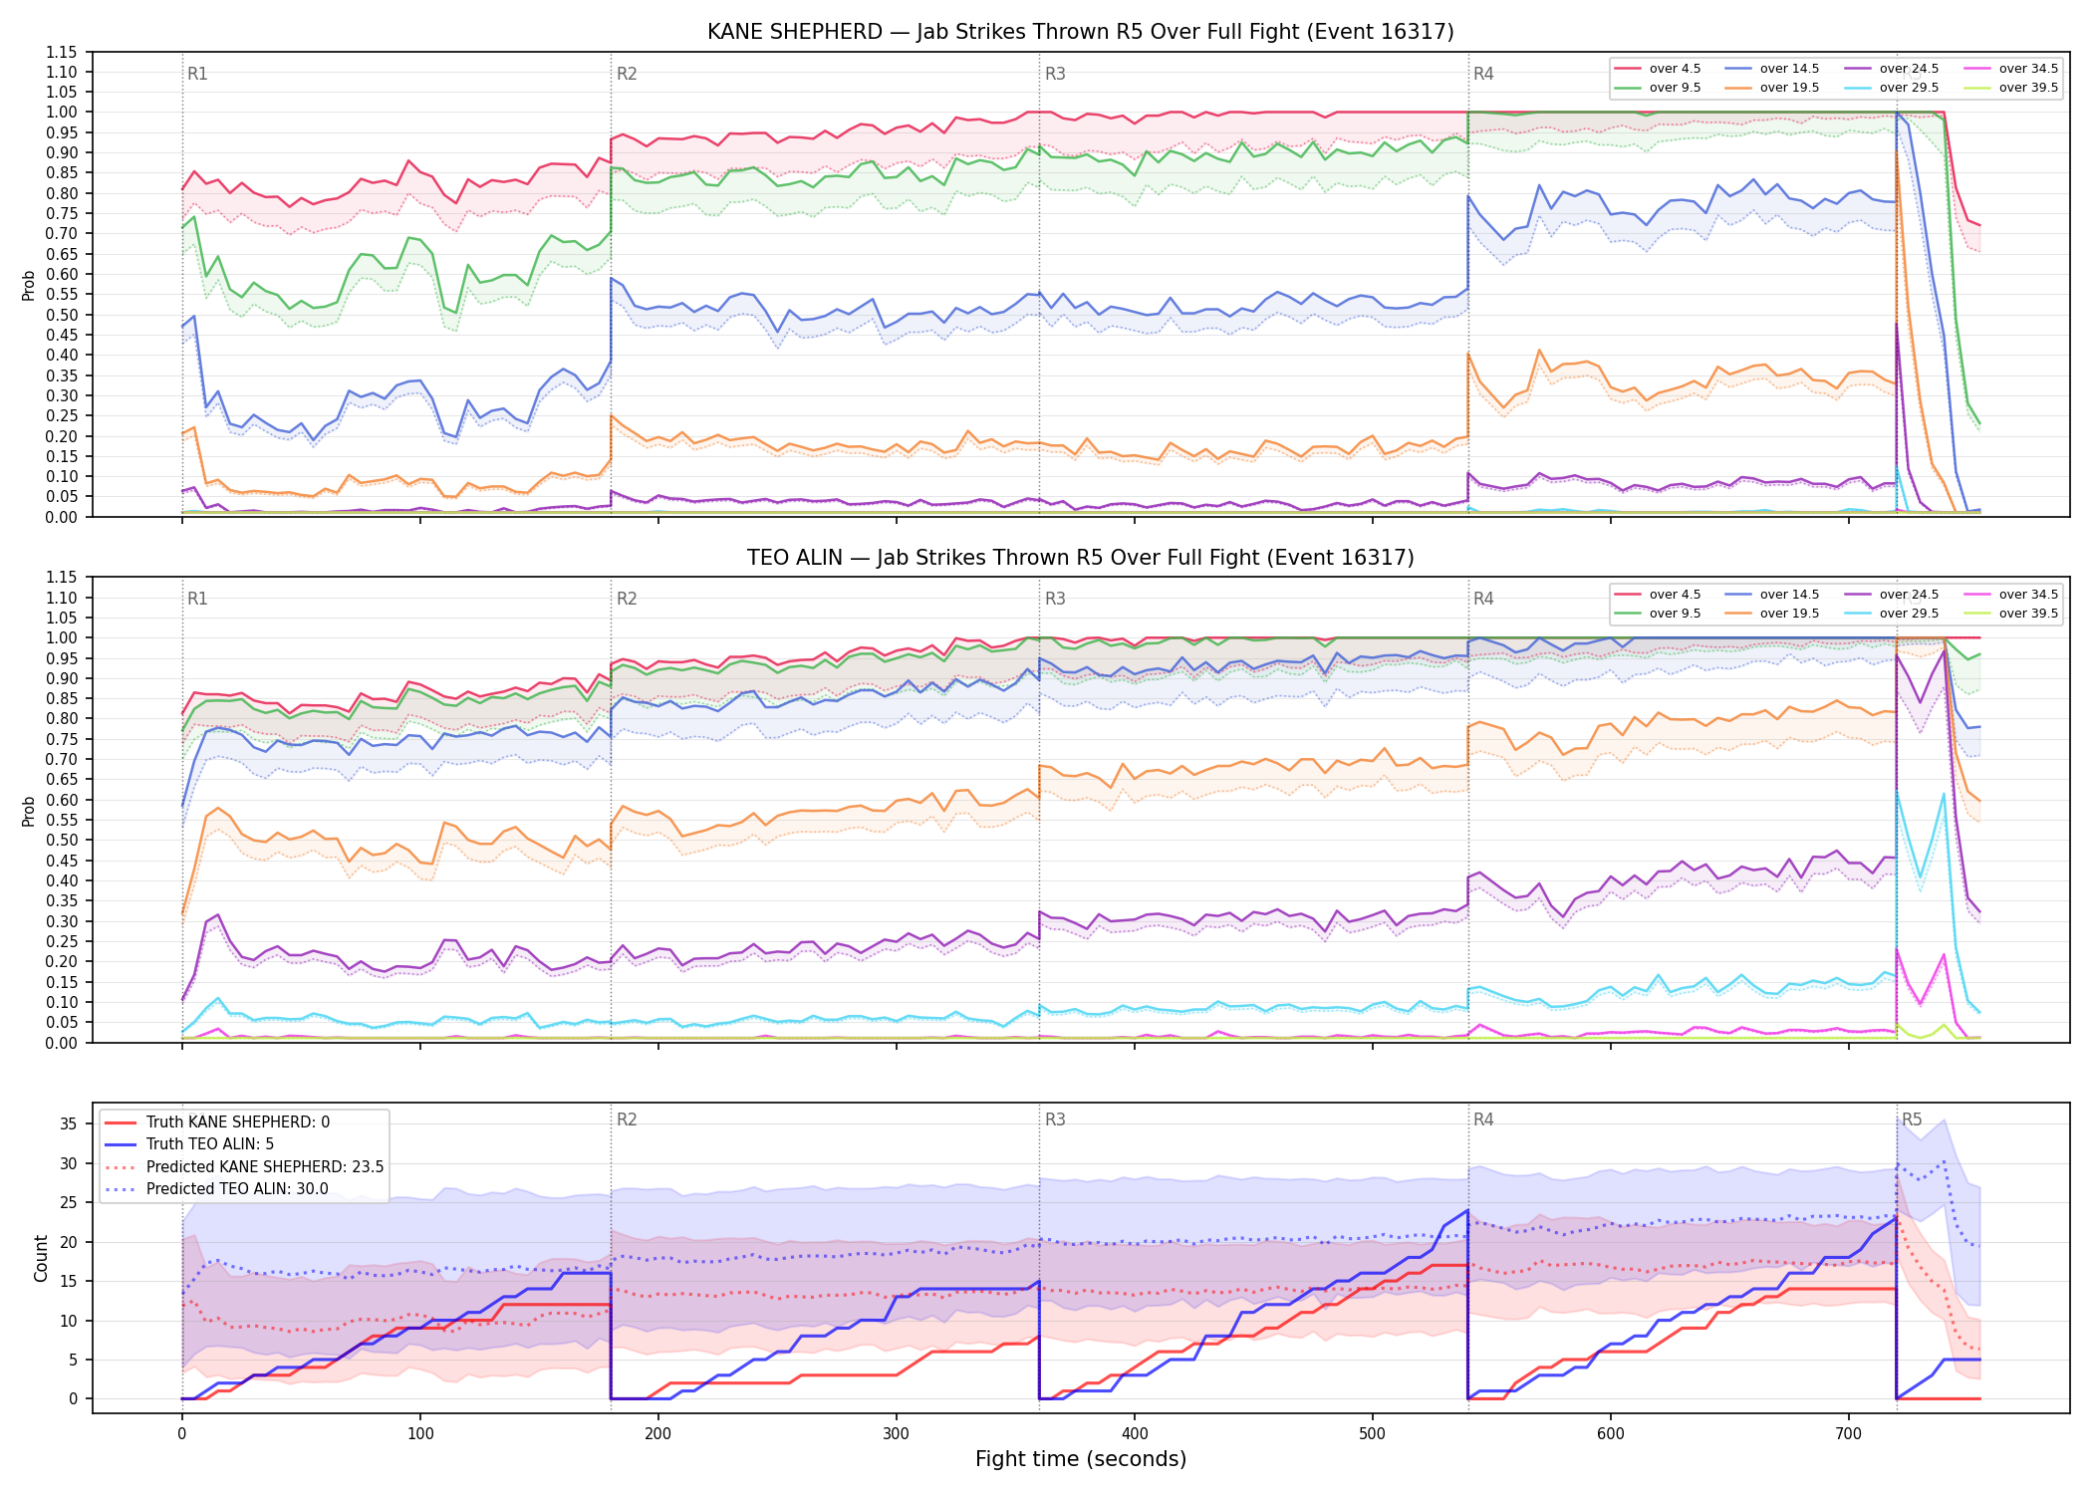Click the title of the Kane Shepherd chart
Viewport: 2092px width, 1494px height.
point(1081,32)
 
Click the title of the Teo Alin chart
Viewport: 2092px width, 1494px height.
point(1081,558)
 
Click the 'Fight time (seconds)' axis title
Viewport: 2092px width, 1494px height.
point(1081,1459)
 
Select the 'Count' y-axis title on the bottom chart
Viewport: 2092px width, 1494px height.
point(41,1258)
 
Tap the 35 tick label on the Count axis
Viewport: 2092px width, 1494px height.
point(69,1123)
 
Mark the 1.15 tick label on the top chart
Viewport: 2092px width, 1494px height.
point(62,52)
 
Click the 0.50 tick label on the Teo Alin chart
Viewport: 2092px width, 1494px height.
point(62,840)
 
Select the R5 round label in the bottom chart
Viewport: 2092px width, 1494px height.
point(1912,1120)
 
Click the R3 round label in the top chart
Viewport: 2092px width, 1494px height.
point(1055,74)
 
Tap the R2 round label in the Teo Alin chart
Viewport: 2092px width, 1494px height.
point(627,599)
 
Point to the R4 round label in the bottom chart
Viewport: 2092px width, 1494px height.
point(1483,1120)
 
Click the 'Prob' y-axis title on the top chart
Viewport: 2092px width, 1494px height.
point(29,286)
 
